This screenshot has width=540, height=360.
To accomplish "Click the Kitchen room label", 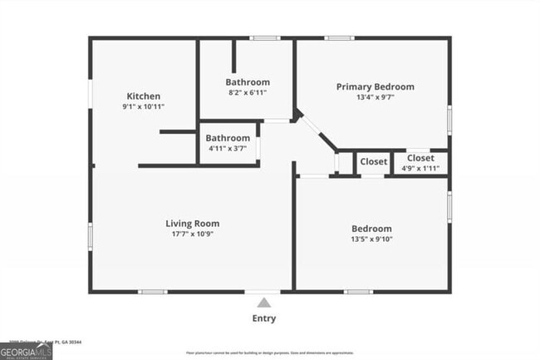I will [143, 96].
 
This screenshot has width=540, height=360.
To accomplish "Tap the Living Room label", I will [192, 223].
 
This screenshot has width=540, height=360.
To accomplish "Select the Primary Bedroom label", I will [375, 86].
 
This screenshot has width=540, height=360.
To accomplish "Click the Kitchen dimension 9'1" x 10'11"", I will [143, 107].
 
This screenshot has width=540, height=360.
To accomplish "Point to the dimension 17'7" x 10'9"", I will [192, 234].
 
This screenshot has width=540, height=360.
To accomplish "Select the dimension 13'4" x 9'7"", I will [375, 97].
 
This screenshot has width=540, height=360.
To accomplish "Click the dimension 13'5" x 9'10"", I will [371, 239].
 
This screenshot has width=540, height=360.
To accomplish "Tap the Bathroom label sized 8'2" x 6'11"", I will [248, 82].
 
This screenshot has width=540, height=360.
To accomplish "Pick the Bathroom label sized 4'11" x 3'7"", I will [228, 138].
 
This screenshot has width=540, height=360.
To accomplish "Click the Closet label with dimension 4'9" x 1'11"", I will [420, 158].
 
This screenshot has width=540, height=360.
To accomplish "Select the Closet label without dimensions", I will [373, 161].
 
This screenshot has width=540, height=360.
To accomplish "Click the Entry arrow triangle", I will [264, 303].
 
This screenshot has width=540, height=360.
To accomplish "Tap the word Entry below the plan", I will [264, 318].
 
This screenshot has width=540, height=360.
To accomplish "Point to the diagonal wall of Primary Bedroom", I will [317, 132].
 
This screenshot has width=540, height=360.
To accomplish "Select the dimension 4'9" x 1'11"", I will [420, 169].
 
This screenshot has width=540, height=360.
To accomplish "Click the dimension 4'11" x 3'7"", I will [228, 149].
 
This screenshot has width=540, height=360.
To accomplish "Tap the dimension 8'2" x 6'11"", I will [248, 93].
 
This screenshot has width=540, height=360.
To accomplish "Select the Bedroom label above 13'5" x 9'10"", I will [371, 229].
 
